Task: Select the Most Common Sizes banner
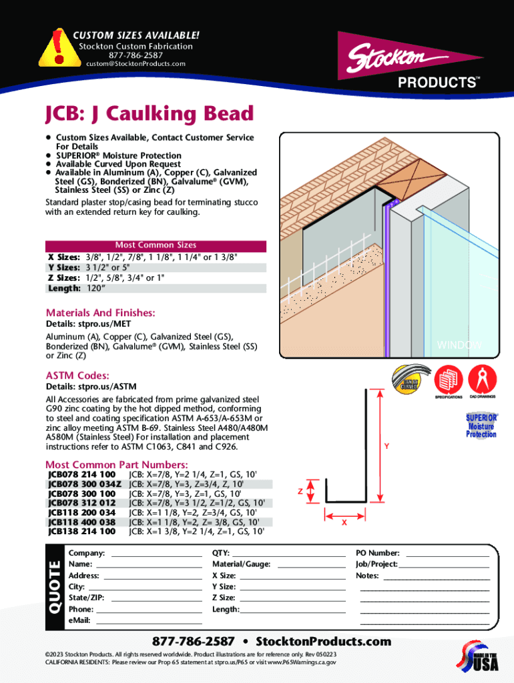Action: click(156, 245)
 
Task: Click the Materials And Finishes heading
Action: click(101, 313)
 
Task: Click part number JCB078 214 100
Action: click(81, 474)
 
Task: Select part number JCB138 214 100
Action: click(81, 532)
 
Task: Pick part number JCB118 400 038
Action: click(81, 522)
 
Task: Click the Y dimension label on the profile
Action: click(386, 446)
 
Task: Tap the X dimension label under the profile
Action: click(344, 523)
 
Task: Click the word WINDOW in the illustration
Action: click(459, 345)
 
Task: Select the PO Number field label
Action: click(378, 553)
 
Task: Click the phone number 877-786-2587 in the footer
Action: click(194, 642)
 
